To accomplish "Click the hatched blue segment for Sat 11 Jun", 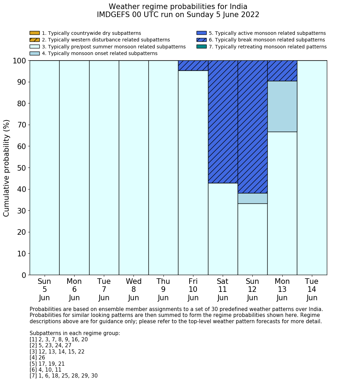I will pos(223,122).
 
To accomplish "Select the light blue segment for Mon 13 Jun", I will pos(282,106).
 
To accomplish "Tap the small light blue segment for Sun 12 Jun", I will pos(252,198).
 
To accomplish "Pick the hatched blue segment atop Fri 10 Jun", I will pos(193,65).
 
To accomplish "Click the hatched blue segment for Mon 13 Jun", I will pos(282,71).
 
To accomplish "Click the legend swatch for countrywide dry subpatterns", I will pos(35,33).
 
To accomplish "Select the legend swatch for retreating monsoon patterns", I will pos(201,47).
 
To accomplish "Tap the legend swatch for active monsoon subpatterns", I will pos(201,33).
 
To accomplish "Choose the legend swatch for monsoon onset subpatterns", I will pos(35,53).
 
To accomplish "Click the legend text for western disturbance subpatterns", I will pos(106,40).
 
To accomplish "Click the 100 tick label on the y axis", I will pos(19,61).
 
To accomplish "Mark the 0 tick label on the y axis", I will pos(24,276).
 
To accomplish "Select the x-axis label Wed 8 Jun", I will pos(133,289).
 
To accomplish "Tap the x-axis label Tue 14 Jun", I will pos(312,289).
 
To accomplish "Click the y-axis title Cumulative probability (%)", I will pos(7,168).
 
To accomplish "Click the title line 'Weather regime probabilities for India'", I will pos(178,7).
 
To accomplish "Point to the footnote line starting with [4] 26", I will pos(37,358).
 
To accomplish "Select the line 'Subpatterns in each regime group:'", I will pos(75,333).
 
